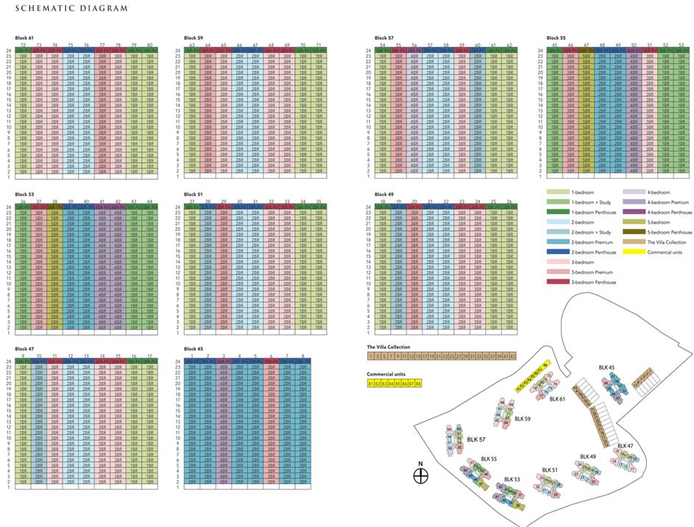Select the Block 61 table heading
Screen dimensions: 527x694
click(26, 37)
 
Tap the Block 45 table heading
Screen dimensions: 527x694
click(194, 349)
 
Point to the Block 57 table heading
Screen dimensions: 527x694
click(384, 37)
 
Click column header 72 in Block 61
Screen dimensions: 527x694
click(24, 45)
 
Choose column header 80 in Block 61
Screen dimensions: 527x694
click(149, 45)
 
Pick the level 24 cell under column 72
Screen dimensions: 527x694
click(24, 51)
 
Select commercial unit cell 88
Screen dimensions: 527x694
click(418, 384)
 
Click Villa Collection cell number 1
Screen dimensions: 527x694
click(371, 356)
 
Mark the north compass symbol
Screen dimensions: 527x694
click(420, 476)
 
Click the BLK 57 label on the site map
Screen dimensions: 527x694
click(476, 440)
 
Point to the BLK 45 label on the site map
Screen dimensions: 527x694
click(606, 368)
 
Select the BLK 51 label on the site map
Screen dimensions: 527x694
click(550, 470)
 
